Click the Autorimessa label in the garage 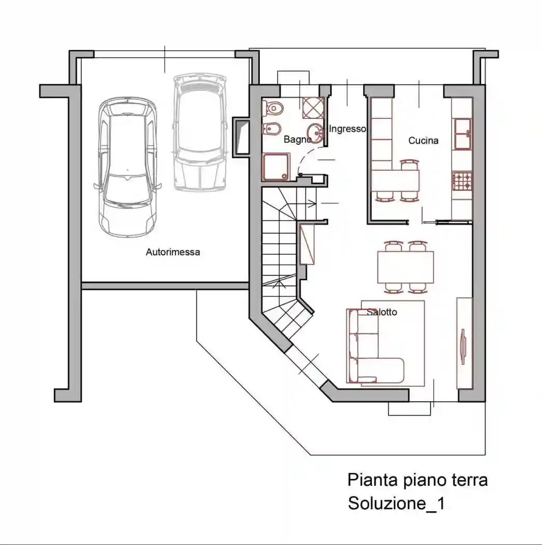coord(173,252)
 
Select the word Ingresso coord(348,129)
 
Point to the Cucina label coord(423,141)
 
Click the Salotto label coord(382,312)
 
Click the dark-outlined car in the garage coord(128,167)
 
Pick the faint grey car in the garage coord(200,132)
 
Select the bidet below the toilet coord(270,129)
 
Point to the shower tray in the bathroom coord(276,167)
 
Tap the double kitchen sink coord(463,134)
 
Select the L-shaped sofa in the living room coord(375,346)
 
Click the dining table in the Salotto coord(406,267)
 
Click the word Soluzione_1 coord(396,503)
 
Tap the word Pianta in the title coord(372,480)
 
